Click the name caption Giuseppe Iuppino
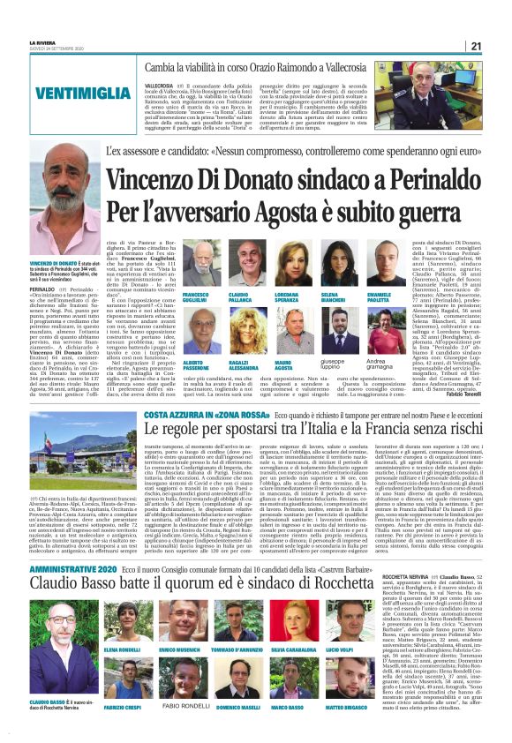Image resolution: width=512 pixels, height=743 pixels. click(353, 363)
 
